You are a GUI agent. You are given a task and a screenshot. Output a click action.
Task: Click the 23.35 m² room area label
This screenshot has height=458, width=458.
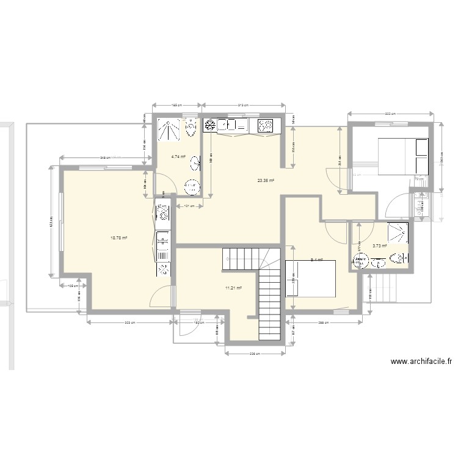(x=266, y=180)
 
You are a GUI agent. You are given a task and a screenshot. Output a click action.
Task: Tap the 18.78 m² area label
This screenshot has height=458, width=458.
(x=118, y=238)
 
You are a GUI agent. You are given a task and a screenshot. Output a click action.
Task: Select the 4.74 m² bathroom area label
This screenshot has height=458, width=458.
(x=178, y=156)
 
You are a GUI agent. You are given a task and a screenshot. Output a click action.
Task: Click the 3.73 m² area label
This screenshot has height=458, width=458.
(x=380, y=246)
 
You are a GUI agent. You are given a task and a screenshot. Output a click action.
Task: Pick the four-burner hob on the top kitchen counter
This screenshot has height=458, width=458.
(x=266, y=126)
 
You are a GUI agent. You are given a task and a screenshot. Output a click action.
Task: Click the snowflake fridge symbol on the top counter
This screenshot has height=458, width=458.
(x=209, y=126)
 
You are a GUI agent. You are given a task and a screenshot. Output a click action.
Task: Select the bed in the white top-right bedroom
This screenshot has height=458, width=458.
(x=404, y=156)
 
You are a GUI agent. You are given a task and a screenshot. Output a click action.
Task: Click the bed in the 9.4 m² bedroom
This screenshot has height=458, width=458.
(x=311, y=279)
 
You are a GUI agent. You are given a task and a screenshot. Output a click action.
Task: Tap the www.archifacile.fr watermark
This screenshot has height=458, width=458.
(x=421, y=362)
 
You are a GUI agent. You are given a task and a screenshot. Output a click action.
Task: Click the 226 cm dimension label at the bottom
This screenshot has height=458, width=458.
(x=255, y=354)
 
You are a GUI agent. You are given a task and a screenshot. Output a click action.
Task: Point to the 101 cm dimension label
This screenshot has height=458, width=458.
(x=189, y=206)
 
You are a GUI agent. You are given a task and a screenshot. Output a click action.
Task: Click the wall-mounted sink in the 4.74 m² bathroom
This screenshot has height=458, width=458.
(x=195, y=162)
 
